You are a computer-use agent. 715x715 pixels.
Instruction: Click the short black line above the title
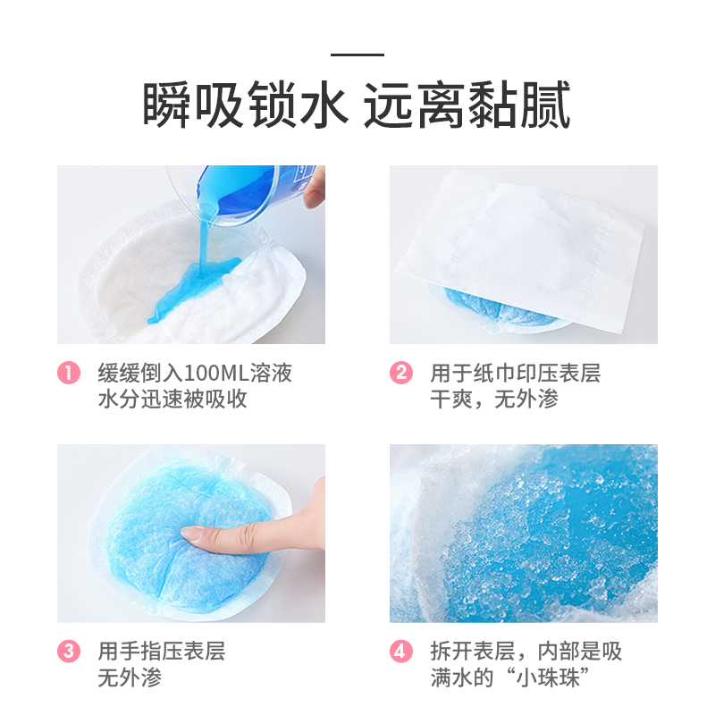point(357,55)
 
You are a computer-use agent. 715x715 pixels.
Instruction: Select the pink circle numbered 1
point(70,373)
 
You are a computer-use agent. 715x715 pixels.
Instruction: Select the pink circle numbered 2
point(402,373)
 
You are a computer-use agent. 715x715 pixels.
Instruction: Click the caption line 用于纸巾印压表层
point(515,373)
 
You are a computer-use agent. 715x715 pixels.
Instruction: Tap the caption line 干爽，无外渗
point(494,400)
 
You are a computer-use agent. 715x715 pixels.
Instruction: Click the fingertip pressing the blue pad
point(195,534)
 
